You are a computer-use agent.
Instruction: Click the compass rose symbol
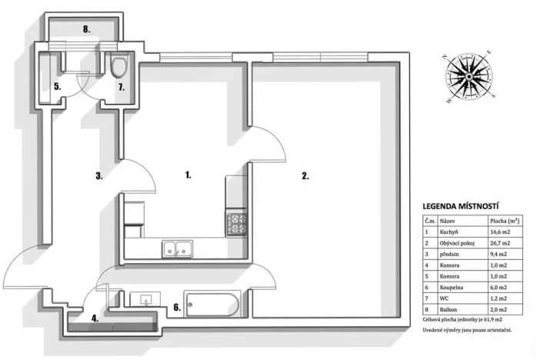click(x=468, y=75)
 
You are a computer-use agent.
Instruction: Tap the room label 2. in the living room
click(x=305, y=176)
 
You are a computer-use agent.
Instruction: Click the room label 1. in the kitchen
click(x=188, y=175)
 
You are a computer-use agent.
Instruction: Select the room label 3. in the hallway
click(x=99, y=175)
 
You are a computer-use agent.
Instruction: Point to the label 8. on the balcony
click(x=88, y=30)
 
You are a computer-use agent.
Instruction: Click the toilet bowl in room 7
click(x=118, y=67)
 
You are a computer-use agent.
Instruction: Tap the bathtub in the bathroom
click(x=213, y=306)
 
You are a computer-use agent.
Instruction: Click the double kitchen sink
click(x=176, y=248)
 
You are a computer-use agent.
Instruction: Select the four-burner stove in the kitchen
click(x=235, y=223)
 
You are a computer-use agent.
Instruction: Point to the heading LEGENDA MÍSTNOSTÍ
click(x=462, y=206)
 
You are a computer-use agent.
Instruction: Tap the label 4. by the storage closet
click(x=95, y=316)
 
